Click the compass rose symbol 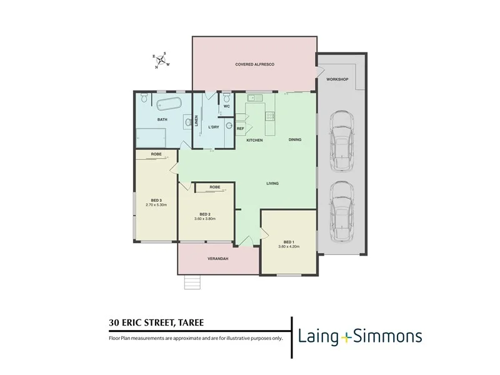pyautogui.click(x=161, y=61)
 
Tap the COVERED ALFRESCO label pyautogui.click(x=255, y=64)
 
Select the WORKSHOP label pyautogui.click(x=336, y=80)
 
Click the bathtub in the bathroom pyautogui.click(x=168, y=104)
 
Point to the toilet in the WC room pyautogui.click(x=226, y=98)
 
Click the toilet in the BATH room pyautogui.click(x=144, y=98)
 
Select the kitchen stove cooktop pyautogui.click(x=270, y=116)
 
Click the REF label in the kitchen pyautogui.click(x=240, y=129)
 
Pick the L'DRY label pyautogui.click(x=214, y=127)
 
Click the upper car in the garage pyautogui.click(x=341, y=141)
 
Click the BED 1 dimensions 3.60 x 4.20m pyautogui.click(x=289, y=246)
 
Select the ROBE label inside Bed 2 pyautogui.click(x=214, y=187)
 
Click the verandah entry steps pyautogui.click(x=192, y=282)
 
